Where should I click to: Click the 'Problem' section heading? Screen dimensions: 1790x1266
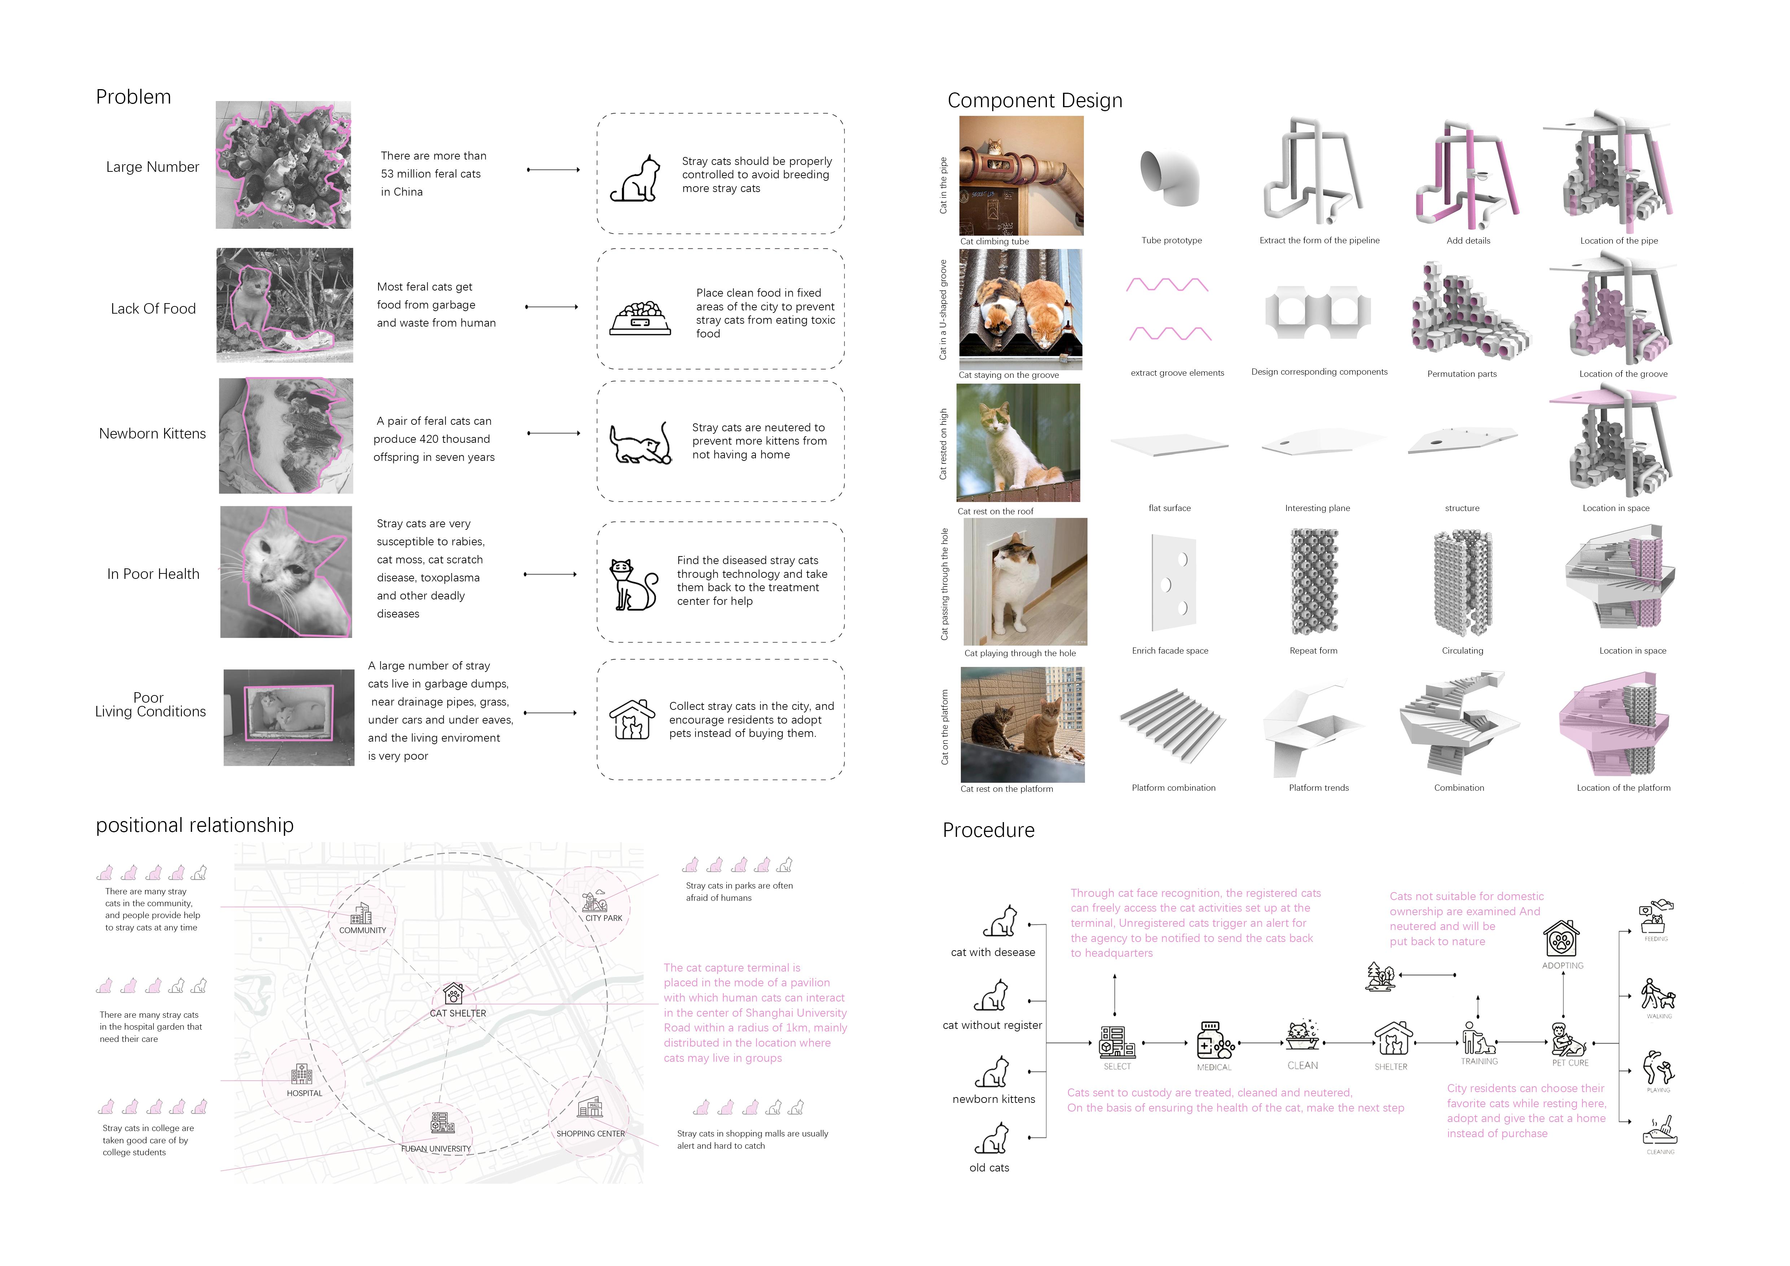(133, 97)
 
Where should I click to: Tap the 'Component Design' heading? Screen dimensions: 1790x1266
(1034, 101)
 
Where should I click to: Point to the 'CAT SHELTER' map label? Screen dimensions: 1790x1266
(458, 1013)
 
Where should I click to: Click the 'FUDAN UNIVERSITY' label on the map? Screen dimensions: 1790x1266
(436, 1148)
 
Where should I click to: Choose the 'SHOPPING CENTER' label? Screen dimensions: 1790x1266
(590, 1134)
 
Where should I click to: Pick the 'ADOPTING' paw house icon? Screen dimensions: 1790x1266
(1562, 939)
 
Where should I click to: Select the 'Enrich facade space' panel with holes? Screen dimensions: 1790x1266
(1173, 582)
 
